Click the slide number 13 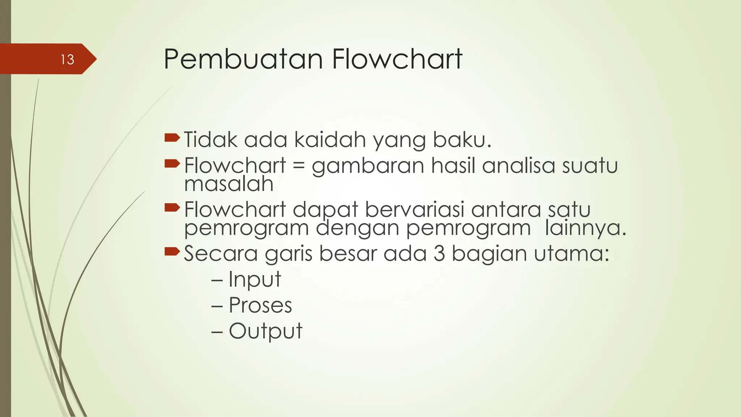[x=67, y=59]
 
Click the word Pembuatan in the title [x=243, y=59]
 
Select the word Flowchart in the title [x=397, y=59]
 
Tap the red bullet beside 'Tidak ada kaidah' [x=172, y=138]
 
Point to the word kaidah [x=330, y=140]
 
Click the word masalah [x=229, y=184]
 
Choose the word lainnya [x=585, y=228]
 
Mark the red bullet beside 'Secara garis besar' [x=172, y=251]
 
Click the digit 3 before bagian [x=439, y=253]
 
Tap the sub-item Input [x=255, y=279]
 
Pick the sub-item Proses [x=260, y=305]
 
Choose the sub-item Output [x=265, y=331]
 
